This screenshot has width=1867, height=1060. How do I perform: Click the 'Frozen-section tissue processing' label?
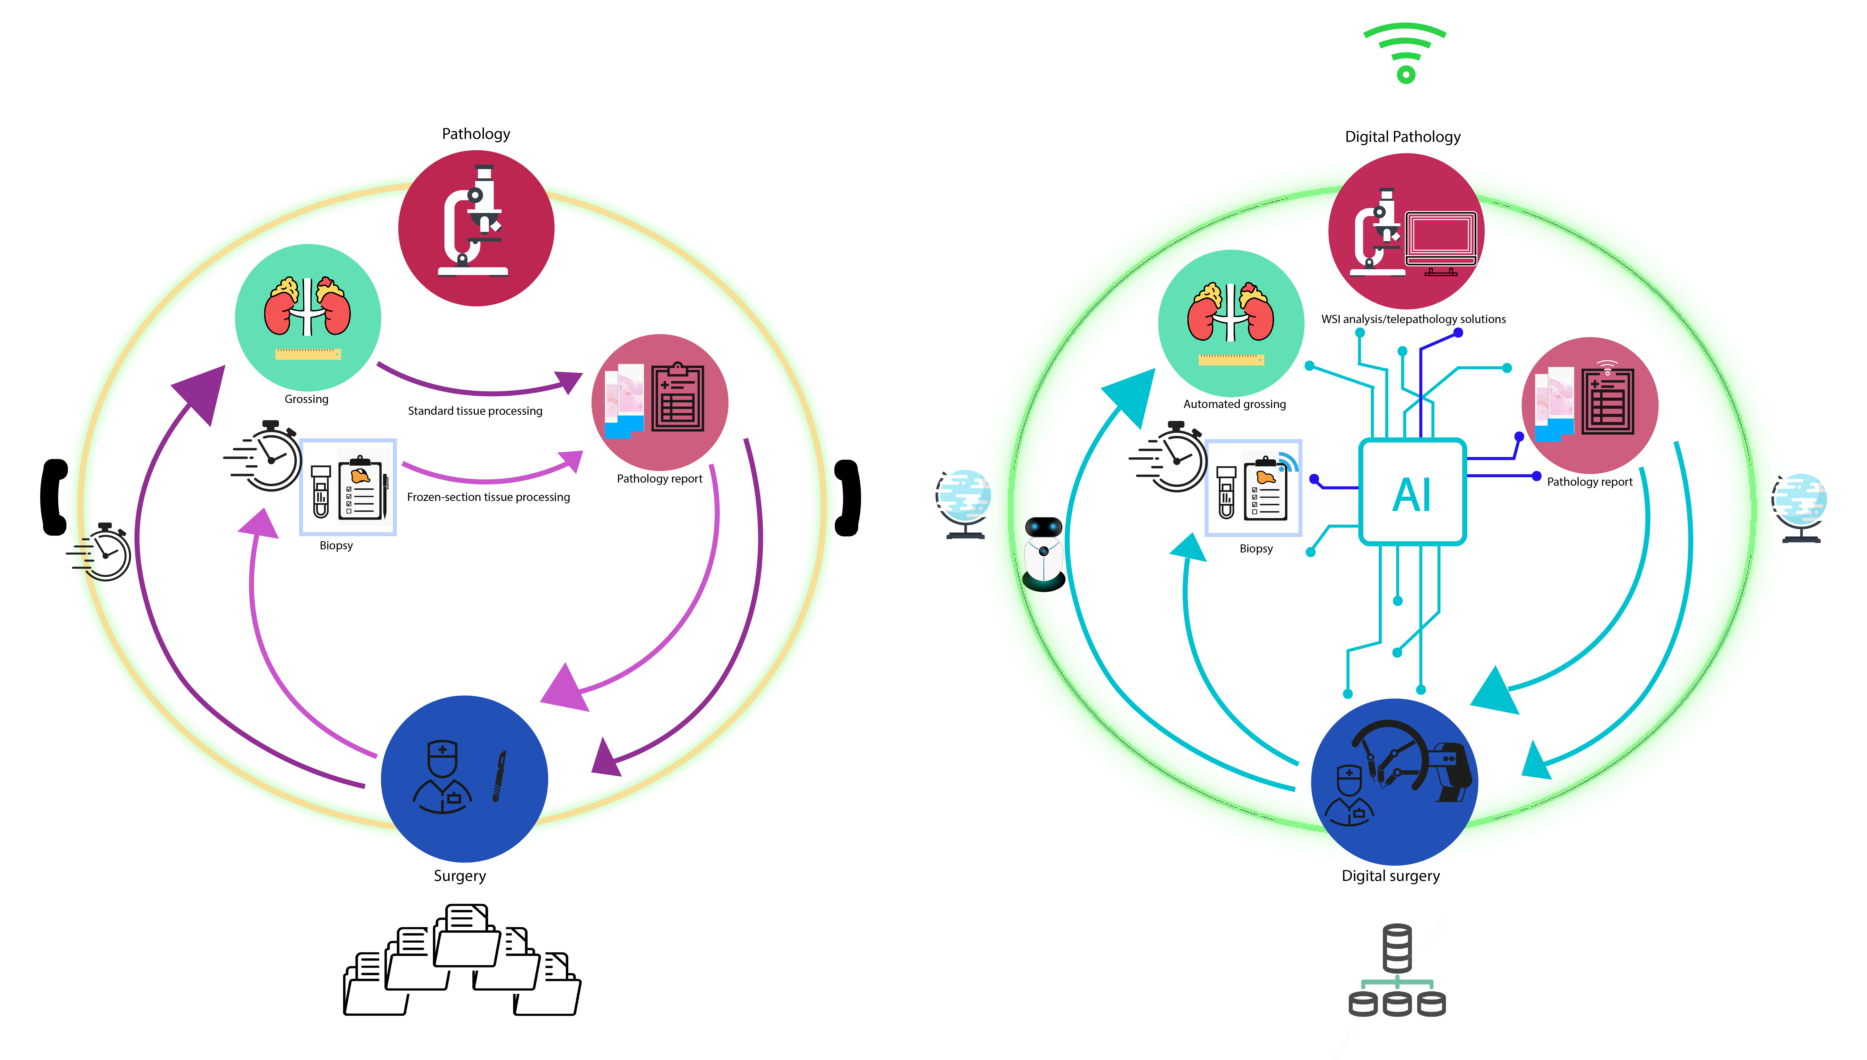(x=488, y=497)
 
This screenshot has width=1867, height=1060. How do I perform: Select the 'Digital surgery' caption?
(x=1391, y=876)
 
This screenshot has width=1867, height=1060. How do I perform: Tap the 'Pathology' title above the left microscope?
(x=476, y=134)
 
